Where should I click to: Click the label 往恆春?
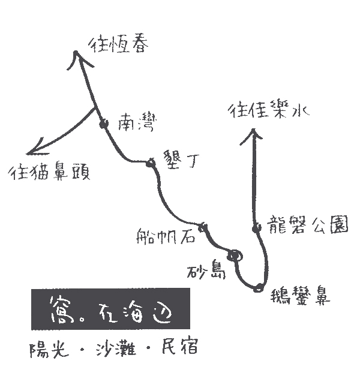(118, 45)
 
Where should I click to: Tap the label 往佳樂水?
(269, 110)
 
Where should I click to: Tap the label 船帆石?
(166, 236)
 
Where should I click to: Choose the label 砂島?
(206, 270)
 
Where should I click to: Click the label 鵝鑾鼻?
(300, 296)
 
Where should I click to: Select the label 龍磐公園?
(308, 225)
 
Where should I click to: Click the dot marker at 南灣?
(104, 124)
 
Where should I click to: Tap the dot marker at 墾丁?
(151, 163)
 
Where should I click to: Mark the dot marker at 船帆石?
(203, 228)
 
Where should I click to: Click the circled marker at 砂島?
(235, 256)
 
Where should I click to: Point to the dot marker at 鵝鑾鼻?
(258, 288)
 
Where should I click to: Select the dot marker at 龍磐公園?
(256, 228)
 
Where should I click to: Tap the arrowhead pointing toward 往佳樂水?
(253, 137)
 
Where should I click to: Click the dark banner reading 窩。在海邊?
(110, 309)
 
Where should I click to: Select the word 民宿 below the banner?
(180, 345)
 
